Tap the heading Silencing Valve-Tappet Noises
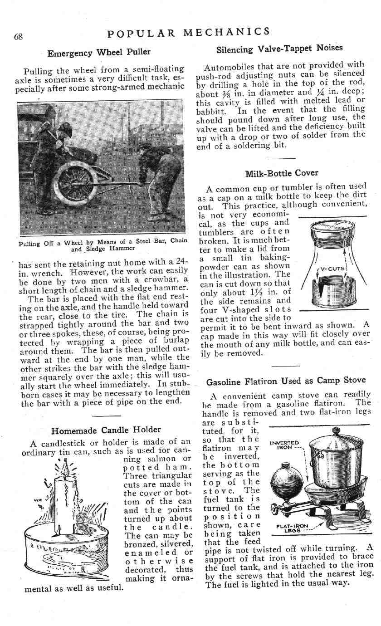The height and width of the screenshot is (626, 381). tap(280, 48)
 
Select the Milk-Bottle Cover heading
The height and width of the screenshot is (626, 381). tap(282, 173)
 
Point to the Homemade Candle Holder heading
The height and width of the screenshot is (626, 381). tap(106, 430)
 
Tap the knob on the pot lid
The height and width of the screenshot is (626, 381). tap(336, 430)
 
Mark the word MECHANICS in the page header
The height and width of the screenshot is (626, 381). tap(227, 32)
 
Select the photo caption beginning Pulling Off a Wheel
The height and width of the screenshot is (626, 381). tap(103, 244)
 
